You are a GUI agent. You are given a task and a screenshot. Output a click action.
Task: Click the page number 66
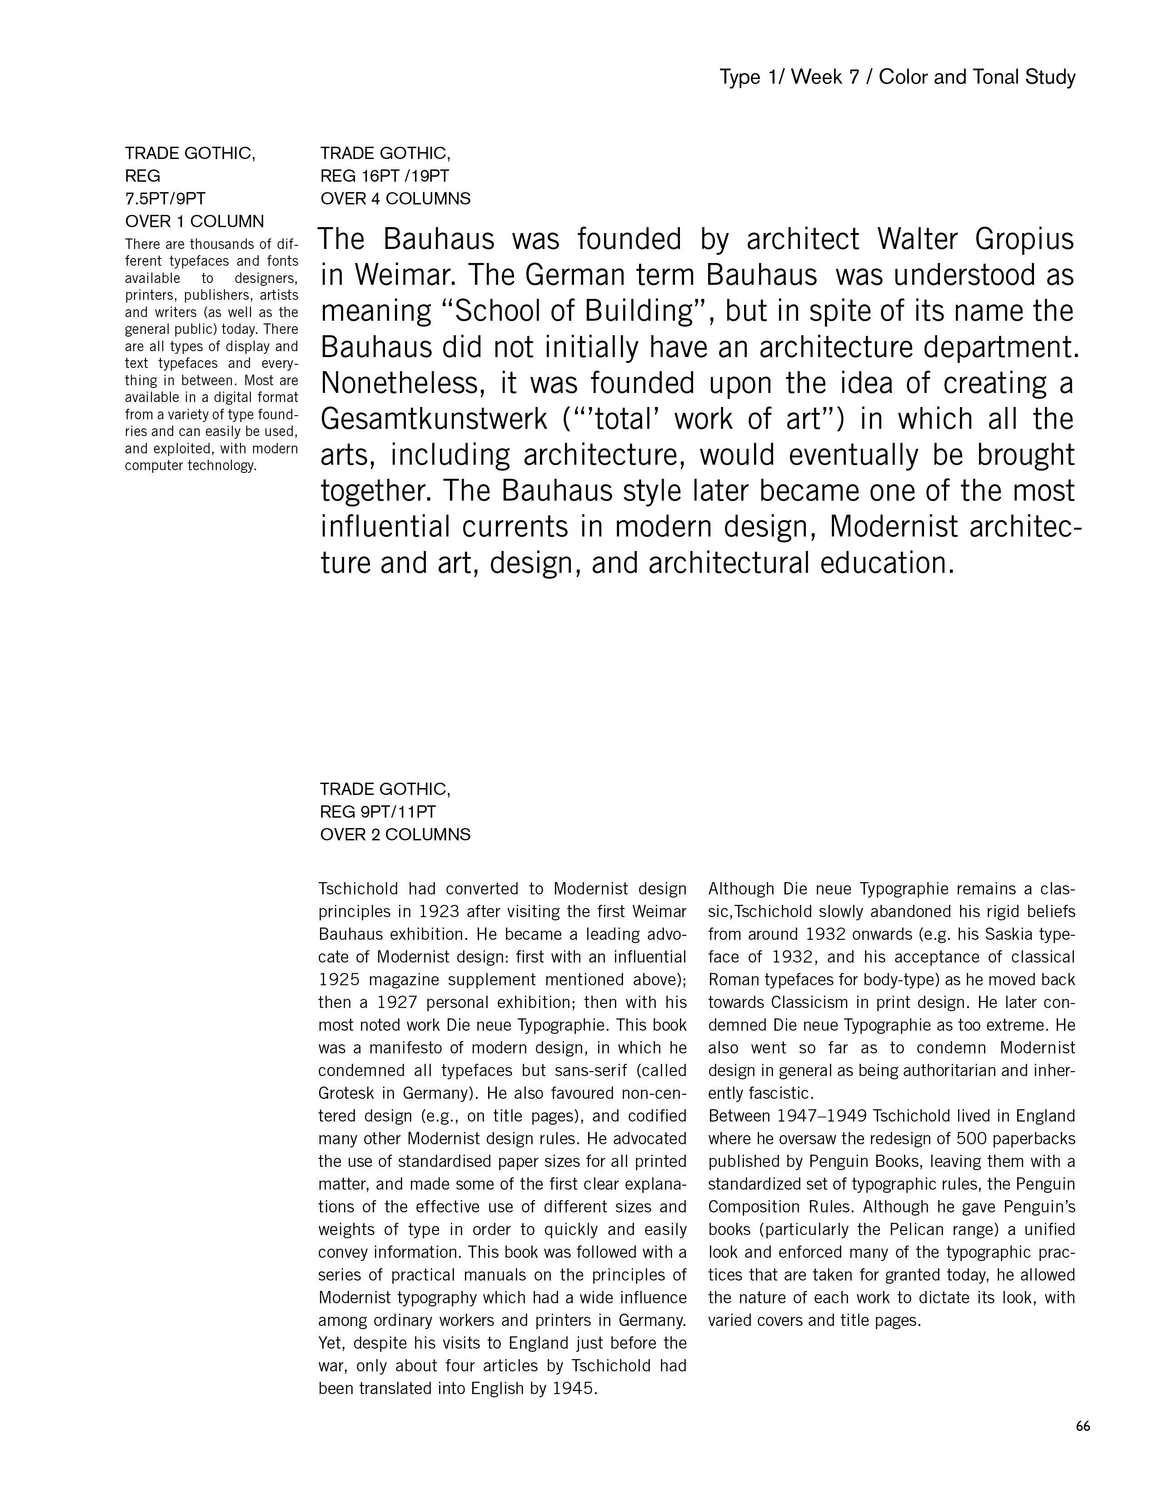click(1083, 1425)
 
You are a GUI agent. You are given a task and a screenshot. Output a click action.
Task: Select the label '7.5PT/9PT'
click(165, 199)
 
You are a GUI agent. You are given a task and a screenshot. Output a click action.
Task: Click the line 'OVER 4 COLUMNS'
click(395, 199)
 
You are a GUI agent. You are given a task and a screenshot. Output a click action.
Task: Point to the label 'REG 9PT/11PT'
click(378, 812)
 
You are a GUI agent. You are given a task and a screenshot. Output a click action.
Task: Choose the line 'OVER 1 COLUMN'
click(195, 222)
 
